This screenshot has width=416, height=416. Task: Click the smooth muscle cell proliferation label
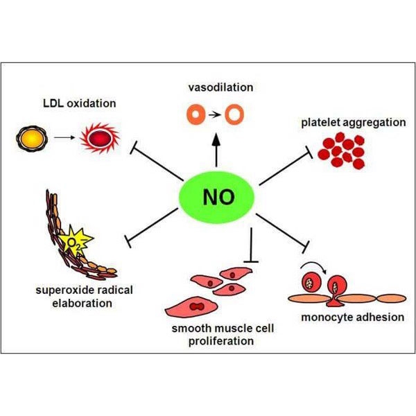[x=220, y=335]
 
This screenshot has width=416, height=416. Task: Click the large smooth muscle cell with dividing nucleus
[x=194, y=305]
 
